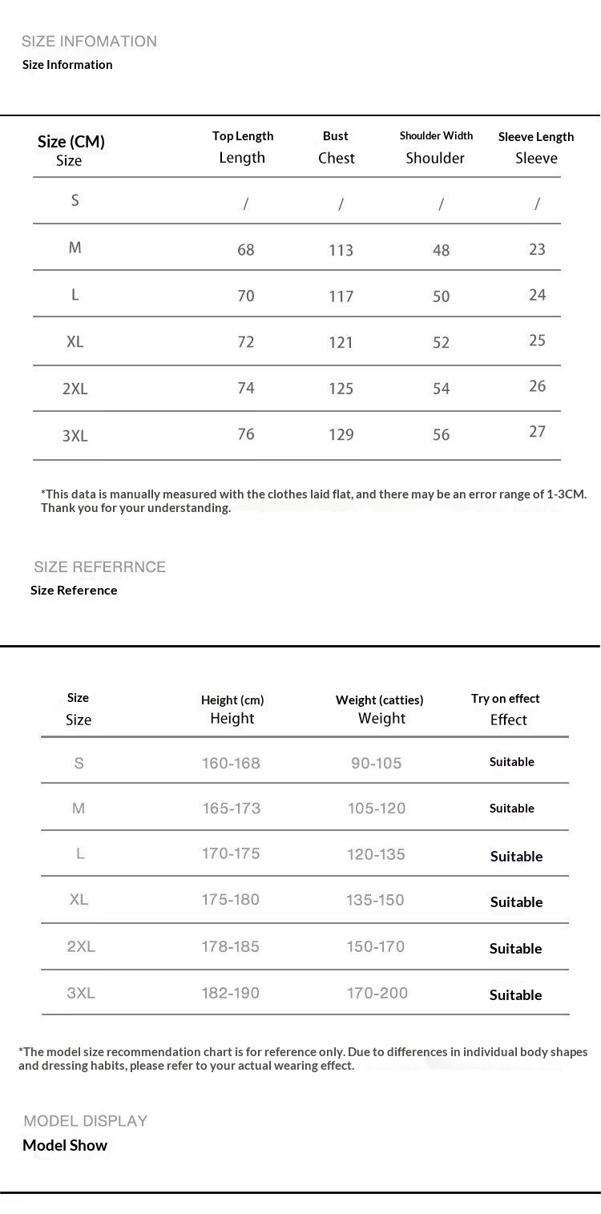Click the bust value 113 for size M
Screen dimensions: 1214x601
click(341, 251)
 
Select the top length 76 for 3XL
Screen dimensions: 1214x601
click(246, 434)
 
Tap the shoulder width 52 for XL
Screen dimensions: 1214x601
click(441, 342)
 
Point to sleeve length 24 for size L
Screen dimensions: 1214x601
click(537, 295)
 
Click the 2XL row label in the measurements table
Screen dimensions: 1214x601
click(75, 389)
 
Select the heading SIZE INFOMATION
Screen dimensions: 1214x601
click(89, 42)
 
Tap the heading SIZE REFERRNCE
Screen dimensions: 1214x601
click(99, 567)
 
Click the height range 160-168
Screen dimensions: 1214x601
click(231, 763)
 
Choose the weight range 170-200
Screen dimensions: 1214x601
click(377, 993)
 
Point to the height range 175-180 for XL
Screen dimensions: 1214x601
click(231, 900)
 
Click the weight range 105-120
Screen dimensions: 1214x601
click(377, 809)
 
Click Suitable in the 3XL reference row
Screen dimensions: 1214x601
click(516, 994)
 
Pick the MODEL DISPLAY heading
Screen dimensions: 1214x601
click(86, 1120)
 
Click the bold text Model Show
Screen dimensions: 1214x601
click(65, 1145)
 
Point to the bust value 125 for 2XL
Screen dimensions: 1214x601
click(341, 389)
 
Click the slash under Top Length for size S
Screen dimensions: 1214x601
click(245, 204)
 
